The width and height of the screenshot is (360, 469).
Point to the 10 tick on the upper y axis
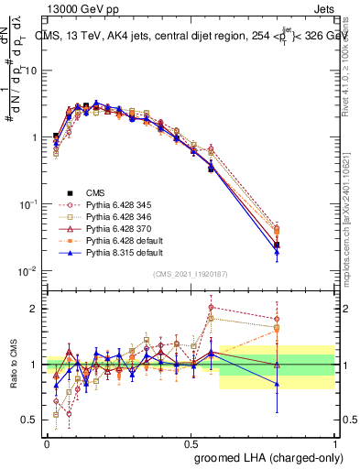pos(34,71)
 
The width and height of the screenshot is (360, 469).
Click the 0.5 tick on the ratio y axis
pos(31,420)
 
